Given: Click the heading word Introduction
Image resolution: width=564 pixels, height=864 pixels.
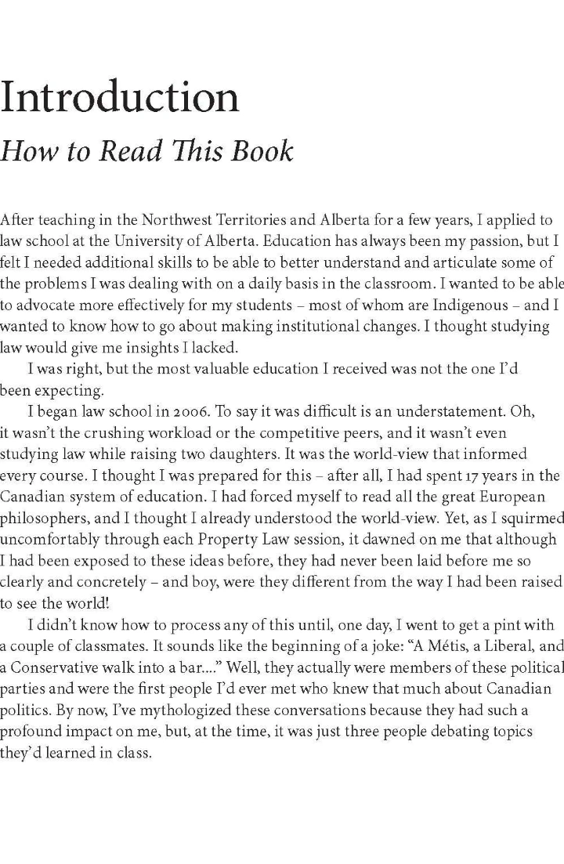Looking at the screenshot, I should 119,98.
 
